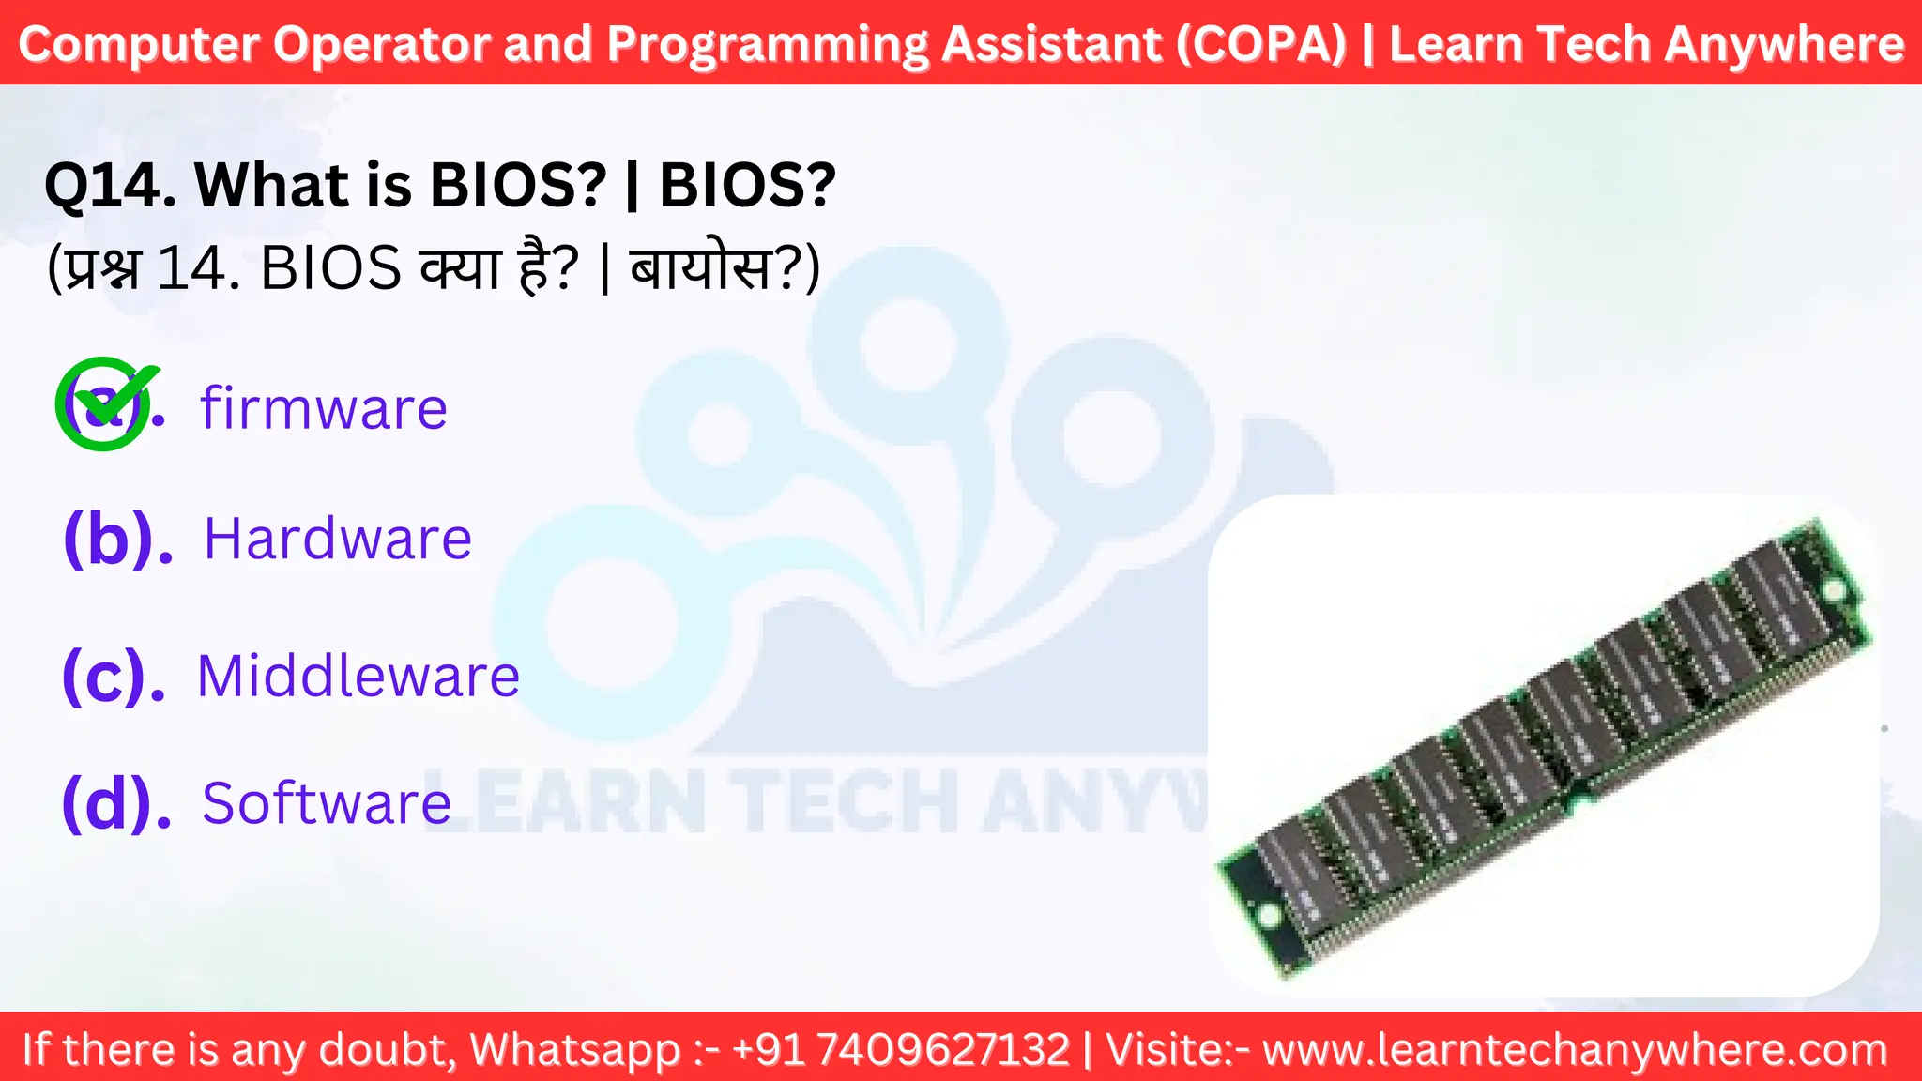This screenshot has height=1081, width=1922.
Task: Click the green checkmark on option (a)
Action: click(x=105, y=403)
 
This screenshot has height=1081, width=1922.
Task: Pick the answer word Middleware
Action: click(x=358, y=676)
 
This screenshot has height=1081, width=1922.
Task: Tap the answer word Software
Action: click(x=327, y=803)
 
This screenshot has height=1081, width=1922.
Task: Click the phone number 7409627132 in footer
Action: click(x=943, y=1049)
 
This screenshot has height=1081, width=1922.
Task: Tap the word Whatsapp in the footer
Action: click(x=574, y=1049)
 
